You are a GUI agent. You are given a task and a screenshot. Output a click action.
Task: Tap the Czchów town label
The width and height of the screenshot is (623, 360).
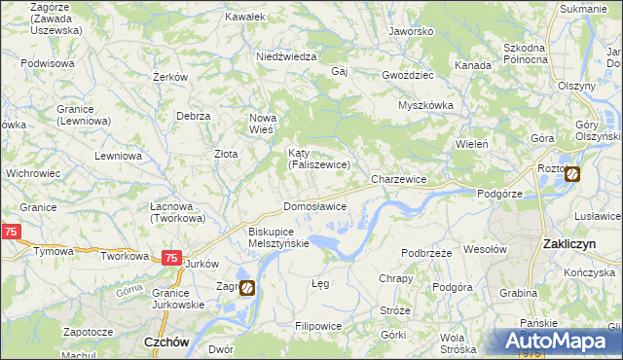click(165, 342)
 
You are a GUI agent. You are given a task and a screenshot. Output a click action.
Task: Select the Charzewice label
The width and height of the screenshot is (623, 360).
click(399, 180)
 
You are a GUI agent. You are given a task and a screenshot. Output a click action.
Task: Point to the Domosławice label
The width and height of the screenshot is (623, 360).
click(314, 207)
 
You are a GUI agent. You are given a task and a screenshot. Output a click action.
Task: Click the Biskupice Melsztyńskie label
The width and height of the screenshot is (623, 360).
click(278, 237)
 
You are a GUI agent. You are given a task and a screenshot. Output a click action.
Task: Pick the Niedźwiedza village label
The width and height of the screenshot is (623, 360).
click(286, 57)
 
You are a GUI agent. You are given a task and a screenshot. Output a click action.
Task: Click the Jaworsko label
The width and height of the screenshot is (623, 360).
click(410, 31)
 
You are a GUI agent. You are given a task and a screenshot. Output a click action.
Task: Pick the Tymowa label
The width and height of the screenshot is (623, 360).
click(53, 251)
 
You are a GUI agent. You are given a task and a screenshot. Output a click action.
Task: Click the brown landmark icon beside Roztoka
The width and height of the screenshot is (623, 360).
click(571, 175)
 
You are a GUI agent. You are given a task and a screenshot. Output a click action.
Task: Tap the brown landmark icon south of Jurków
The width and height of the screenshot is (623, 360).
click(248, 288)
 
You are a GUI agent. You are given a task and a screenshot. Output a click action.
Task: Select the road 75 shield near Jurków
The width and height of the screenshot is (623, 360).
click(170, 258)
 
